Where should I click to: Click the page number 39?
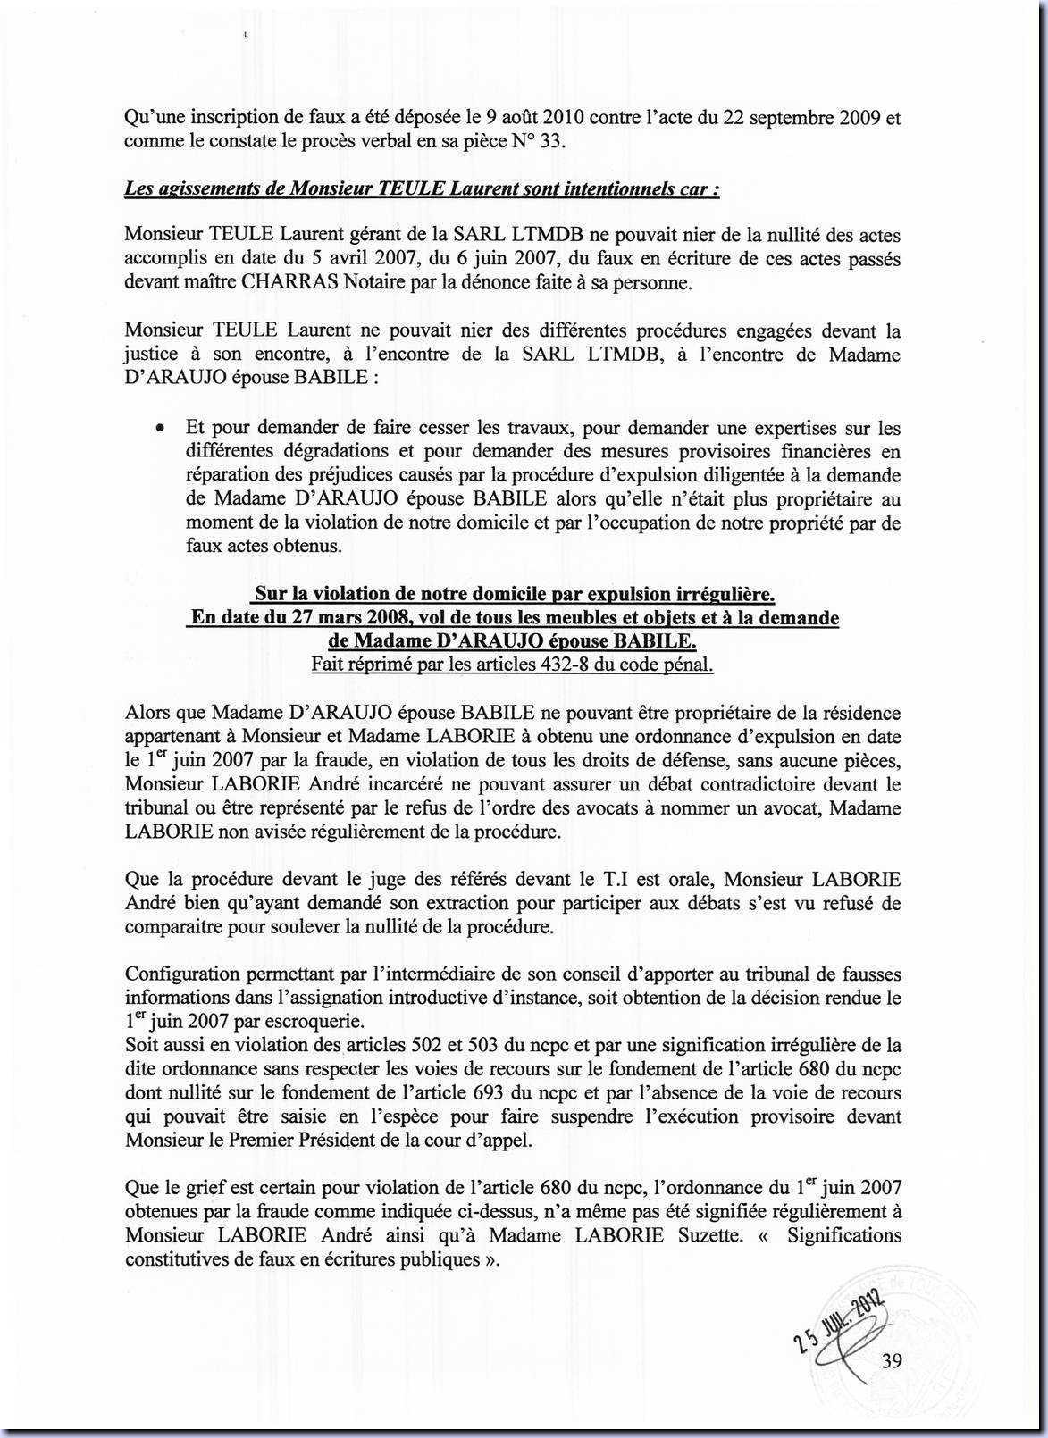(891, 1360)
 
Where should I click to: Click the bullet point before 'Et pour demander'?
(159, 429)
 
